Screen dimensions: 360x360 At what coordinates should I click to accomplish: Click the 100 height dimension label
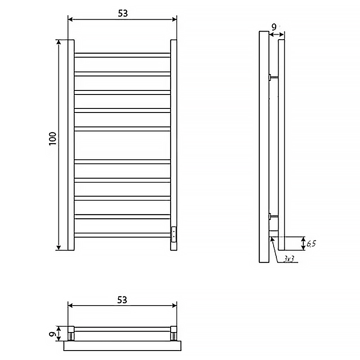point(53,139)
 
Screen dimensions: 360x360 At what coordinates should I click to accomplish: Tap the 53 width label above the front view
point(123,13)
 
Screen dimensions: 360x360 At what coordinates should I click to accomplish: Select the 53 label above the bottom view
point(122,300)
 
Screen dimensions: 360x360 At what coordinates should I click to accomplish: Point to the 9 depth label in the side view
point(274,27)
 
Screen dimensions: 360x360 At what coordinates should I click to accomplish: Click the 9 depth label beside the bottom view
point(53,333)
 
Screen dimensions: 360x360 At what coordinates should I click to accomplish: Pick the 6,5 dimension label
point(311,243)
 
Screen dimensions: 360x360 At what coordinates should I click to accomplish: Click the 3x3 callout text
point(288,260)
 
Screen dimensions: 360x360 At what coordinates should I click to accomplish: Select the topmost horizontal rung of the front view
point(122,55)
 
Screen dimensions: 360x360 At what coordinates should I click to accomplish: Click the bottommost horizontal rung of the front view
point(122,235)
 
